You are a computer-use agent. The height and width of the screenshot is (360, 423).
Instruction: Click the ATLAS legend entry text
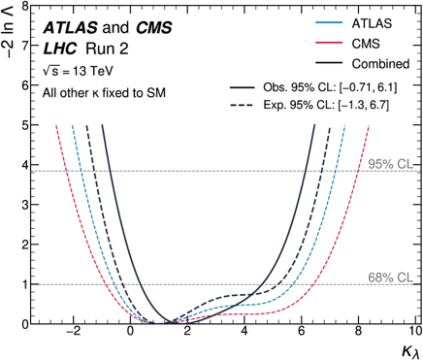[x=372, y=23]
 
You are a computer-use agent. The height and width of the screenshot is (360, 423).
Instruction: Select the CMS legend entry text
[x=366, y=44]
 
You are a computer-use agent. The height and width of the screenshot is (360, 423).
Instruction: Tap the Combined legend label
[x=380, y=64]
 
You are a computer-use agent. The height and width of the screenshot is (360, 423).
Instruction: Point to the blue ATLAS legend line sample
[x=329, y=22]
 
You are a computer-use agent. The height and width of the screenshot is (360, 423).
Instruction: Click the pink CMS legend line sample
[x=329, y=43]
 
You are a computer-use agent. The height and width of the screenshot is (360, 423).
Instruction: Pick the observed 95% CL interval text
[x=330, y=87]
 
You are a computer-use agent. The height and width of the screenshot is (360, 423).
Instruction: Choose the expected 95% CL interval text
[x=326, y=105]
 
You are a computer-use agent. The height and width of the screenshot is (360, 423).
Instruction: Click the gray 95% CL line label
[x=390, y=164]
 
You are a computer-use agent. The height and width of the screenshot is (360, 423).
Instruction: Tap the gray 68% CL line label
[x=390, y=278]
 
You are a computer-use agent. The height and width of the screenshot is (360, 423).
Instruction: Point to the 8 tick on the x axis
[x=358, y=332]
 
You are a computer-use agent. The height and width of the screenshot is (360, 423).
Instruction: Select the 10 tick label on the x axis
[x=415, y=332]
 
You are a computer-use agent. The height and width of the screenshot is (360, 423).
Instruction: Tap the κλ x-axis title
[x=411, y=351]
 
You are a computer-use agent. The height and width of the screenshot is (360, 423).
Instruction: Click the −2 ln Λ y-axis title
[x=10, y=30]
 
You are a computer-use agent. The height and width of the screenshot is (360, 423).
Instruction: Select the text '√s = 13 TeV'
[x=78, y=71]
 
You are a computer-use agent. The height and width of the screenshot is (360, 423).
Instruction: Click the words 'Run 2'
[x=107, y=49]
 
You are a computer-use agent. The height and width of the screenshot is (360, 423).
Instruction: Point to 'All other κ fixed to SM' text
[x=104, y=93]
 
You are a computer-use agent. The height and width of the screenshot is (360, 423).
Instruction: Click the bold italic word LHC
[x=60, y=49]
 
